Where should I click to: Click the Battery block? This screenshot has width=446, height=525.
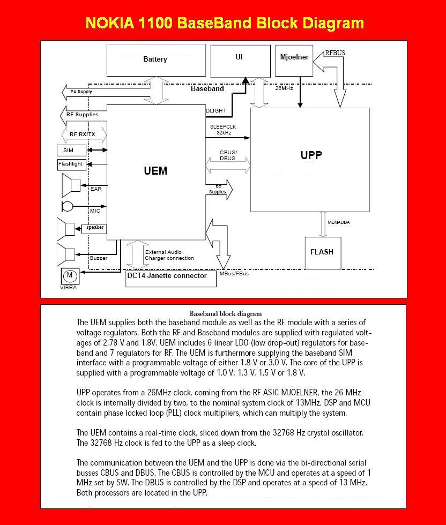pyautogui.click(x=155, y=59)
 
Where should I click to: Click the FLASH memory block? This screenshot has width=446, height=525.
pyautogui.click(x=322, y=252)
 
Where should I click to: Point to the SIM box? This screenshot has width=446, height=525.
pyautogui.click(x=68, y=151)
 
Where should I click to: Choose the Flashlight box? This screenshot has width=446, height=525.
pyautogui.click(x=71, y=164)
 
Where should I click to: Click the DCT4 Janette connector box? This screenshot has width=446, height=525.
pyautogui.click(x=170, y=276)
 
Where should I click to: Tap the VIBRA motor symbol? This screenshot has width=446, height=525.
pyautogui.click(x=69, y=276)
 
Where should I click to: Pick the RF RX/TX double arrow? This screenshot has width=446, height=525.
pyautogui.click(x=81, y=134)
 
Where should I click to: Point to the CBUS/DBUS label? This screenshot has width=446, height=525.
pyautogui.click(x=228, y=155)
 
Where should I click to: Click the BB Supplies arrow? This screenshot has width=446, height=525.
pyautogui.click(x=219, y=189)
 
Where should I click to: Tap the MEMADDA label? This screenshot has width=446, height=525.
pyautogui.click(x=339, y=222)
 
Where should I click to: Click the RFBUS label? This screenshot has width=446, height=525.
pyautogui.click(x=335, y=54)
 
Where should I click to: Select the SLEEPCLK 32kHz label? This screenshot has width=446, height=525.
pyautogui.click(x=223, y=129)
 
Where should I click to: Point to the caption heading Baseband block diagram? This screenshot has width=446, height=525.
pyautogui.click(x=225, y=313)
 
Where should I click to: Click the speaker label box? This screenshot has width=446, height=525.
pyautogui.click(x=94, y=228)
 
